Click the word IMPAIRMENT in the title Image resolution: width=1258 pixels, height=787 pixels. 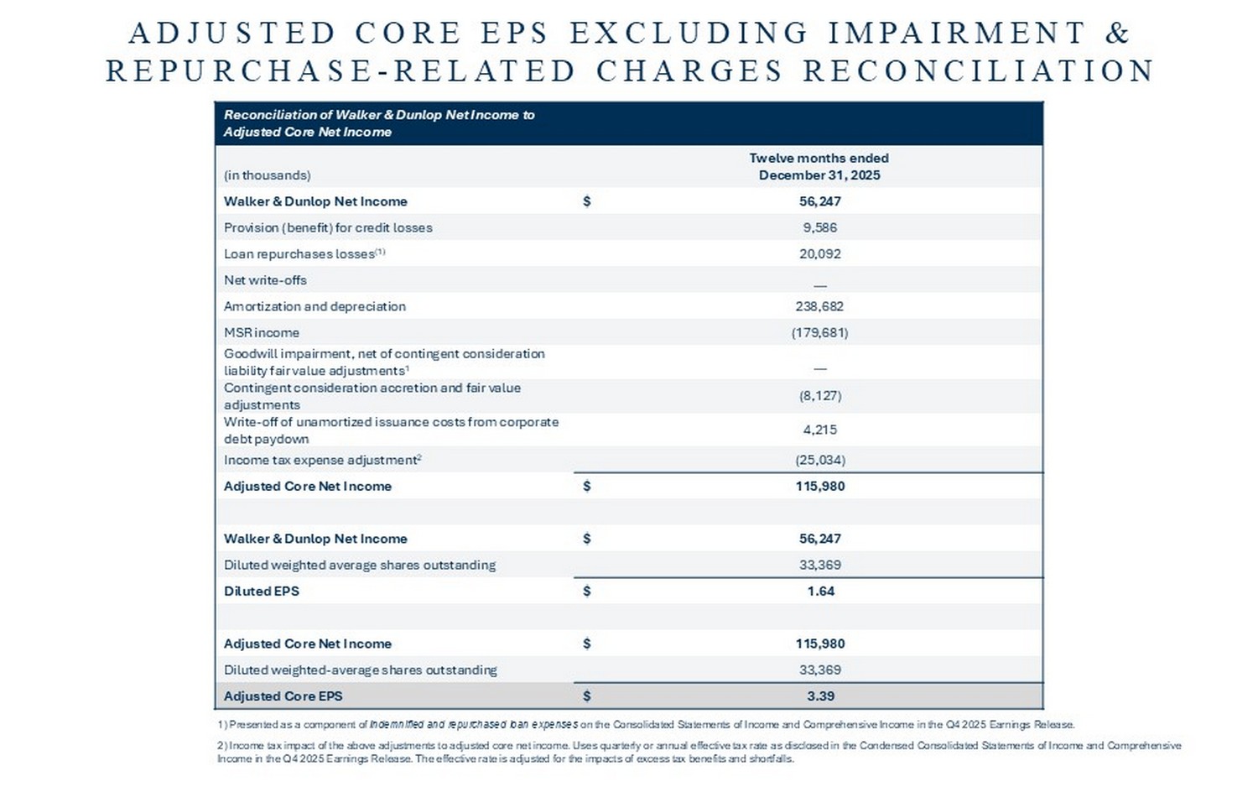point(957,33)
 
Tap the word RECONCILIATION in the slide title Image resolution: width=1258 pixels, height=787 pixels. point(979,70)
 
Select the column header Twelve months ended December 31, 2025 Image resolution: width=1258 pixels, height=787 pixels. point(819,166)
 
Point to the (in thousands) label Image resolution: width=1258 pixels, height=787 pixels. point(267,175)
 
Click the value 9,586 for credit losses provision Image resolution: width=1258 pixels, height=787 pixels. point(819,227)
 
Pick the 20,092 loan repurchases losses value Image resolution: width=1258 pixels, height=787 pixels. point(819,253)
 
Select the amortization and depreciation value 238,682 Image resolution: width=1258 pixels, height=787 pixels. point(819,306)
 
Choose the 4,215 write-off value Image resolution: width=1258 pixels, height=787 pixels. point(819,430)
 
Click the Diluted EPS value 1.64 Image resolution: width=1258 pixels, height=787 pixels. point(820,591)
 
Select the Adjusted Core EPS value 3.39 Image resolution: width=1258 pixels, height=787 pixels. point(820,696)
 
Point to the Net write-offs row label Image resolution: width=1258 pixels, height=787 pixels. point(265,280)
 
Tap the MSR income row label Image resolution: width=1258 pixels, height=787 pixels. point(261,332)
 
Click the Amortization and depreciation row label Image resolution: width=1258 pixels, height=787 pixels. point(314,306)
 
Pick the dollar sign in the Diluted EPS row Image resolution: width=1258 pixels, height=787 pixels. point(586,591)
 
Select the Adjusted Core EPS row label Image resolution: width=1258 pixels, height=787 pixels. point(283,696)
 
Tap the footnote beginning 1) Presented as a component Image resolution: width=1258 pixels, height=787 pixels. point(645,724)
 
